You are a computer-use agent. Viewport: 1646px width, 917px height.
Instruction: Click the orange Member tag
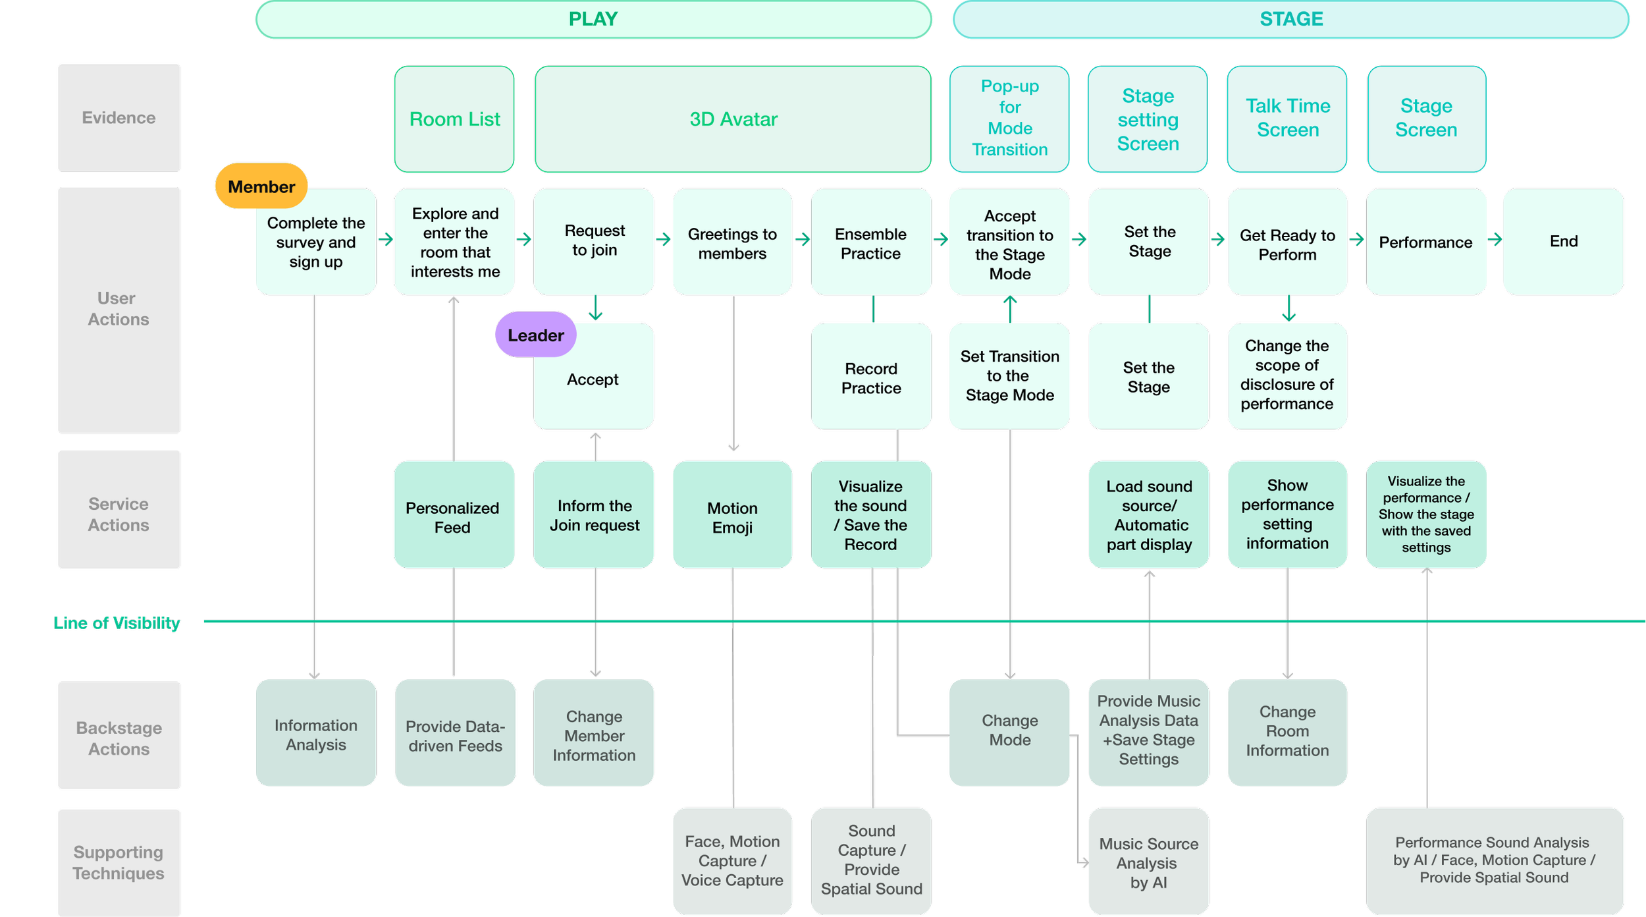[x=261, y=186]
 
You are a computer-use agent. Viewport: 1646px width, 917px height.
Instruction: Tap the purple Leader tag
[x=535, y=335]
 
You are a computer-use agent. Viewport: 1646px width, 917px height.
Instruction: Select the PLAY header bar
[x=593, y=19]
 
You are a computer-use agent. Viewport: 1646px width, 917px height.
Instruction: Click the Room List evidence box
[x=454, y=119]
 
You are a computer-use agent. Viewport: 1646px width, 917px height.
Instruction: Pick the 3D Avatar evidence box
[x=733, y=119]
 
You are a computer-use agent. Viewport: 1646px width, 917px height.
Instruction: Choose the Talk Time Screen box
[x=1287, y=119]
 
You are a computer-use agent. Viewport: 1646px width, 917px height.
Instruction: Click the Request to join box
[x=594, y=241]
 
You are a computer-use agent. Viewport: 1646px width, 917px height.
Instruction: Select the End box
[x=1563, y=241]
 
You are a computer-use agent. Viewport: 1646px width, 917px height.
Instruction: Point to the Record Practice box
[x=870, y=377]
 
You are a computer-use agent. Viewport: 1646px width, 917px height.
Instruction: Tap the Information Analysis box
[x=316, y=734]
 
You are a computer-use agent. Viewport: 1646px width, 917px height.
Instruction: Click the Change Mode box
[x=1009, y=731]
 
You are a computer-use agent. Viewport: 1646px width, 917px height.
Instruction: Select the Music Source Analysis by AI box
[x=1148, y=862]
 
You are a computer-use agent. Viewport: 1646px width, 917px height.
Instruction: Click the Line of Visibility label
[x=117, y=623]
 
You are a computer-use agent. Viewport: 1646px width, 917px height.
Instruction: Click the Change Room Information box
[x=1287, y=731]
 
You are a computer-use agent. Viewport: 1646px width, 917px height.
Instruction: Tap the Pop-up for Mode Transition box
[x=1009, y=119]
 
